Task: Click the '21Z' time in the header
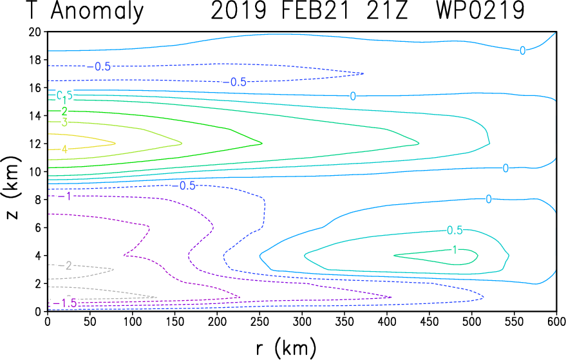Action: (x=387, y=12)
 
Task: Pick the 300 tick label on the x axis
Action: (x=217, y=321)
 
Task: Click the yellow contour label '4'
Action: (x=64, y=149)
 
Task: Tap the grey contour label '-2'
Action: (x=65, y=265)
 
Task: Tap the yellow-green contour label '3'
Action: (x=64, y=122)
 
